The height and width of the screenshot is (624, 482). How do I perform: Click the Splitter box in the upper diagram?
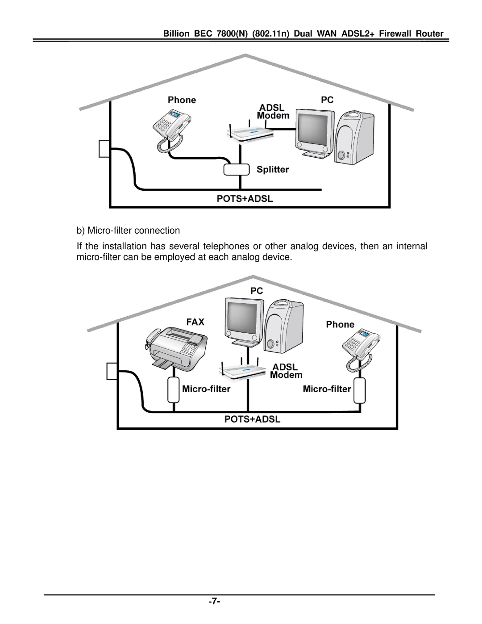point(237,169)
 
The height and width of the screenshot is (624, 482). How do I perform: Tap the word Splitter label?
point(273,169)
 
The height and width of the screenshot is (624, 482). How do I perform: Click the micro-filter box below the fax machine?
point(174,389)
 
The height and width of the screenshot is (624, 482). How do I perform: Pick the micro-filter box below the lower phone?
point(360,390)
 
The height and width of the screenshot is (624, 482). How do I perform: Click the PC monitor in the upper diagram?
point(315,132)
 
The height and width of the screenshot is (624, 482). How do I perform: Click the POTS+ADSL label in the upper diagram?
point(245,199)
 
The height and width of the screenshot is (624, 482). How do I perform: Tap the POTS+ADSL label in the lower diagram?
point(252,419)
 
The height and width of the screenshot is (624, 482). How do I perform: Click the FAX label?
point(195,322)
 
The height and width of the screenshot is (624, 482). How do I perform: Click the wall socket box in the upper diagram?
point(104,149)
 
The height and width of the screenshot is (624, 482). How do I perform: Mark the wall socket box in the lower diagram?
point(112,371)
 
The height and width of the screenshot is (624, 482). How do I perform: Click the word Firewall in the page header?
point(395,34)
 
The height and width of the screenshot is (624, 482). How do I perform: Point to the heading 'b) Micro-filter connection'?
point(128,230)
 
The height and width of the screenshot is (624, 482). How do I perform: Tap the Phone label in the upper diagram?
point(182,100)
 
